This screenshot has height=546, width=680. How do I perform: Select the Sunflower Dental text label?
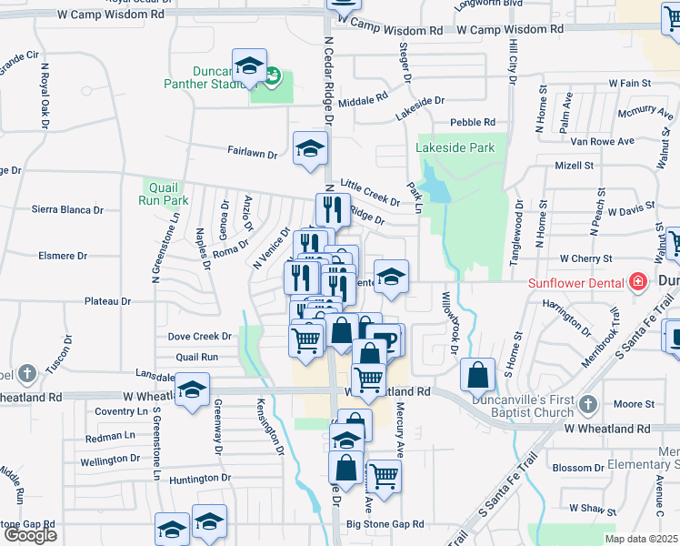coord(576,282)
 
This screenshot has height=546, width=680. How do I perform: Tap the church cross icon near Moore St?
coord(587,403)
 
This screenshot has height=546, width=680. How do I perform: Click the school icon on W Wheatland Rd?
coord(193,390)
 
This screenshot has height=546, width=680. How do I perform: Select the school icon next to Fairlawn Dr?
coord(310,148)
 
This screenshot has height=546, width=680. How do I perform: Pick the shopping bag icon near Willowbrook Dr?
coord(477,374)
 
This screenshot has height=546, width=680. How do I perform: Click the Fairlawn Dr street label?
coord(252,154)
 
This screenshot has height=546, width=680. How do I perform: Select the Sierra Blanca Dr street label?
coord(68,209)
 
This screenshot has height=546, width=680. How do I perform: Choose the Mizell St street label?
coord(574,166)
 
